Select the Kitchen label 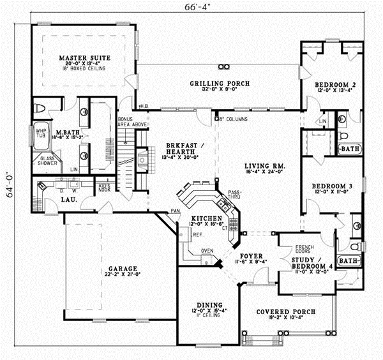pyautogui.click(x=206, y=218)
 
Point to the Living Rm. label pyautogui.click(x=265, y=166)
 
